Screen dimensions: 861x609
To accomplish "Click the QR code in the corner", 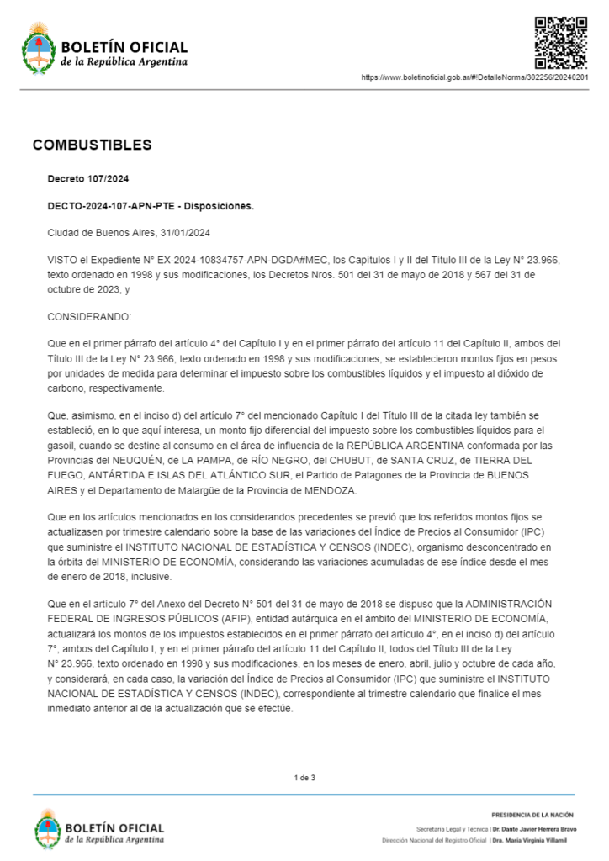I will [x=562, y=42].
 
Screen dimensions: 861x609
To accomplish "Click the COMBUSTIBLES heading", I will [x=92, y=145].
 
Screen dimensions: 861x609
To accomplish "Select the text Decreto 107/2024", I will [x=87, y=178].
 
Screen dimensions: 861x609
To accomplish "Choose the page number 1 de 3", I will [x=304, y=778].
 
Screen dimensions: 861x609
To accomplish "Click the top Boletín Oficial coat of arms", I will [x=38, y=47].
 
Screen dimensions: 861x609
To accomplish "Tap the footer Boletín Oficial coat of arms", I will [x=48, y=828].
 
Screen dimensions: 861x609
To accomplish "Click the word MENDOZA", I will [x=326, y=490].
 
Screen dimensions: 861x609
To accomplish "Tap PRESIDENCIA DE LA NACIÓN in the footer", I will [x=532, y=815].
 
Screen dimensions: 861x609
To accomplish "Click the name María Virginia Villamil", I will [x=534, y=840].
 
